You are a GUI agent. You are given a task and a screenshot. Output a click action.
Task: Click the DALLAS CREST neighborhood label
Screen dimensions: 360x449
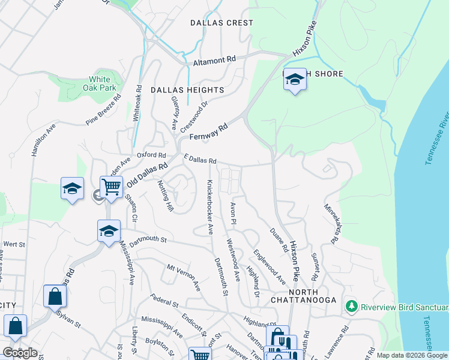[221, 23]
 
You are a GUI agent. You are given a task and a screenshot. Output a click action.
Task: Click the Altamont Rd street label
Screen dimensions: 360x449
[214, 61]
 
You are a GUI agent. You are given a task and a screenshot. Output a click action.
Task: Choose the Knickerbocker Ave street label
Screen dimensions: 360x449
[210, 206]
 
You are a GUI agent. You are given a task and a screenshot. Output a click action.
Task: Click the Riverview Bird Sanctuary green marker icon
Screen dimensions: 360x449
[352, 307]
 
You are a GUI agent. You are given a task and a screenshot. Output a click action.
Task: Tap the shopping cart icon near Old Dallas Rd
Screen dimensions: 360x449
[112, 187]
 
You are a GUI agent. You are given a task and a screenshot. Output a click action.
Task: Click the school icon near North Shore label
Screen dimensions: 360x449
[295, 79]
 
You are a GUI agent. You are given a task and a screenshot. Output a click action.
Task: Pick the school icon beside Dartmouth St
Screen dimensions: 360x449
[109, 231]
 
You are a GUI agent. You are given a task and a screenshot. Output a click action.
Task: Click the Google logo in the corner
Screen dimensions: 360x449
[20, 353]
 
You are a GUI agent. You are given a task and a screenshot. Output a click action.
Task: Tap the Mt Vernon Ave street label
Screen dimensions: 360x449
[183, 278]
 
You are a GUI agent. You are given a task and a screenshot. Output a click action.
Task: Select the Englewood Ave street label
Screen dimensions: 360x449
[269, 266]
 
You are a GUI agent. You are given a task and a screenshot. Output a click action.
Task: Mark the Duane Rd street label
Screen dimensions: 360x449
[278, 239]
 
